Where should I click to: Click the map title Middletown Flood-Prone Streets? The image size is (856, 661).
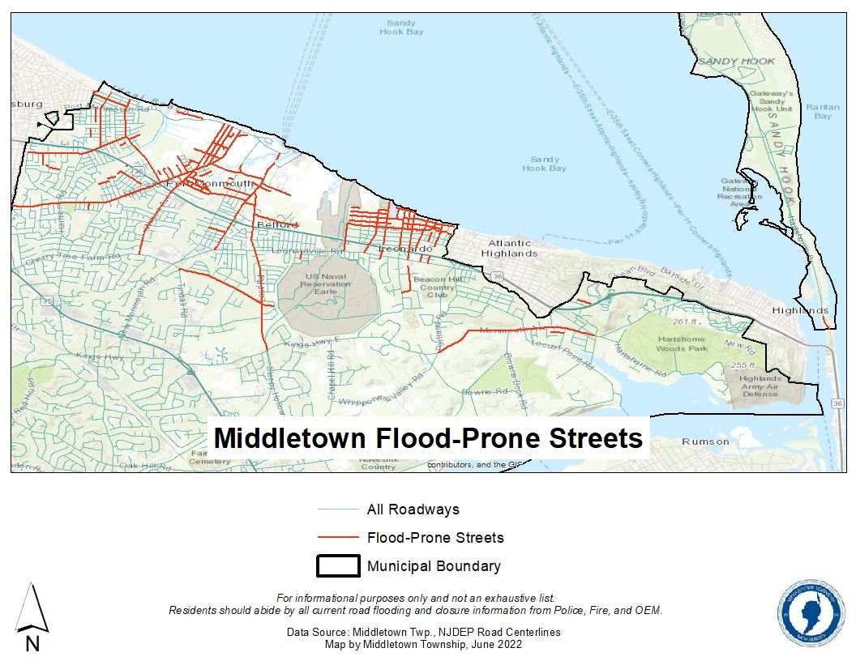[x=428, y=438]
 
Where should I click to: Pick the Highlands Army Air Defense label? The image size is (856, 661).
[x=760, y=386]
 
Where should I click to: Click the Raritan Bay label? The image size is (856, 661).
[x=822, y=111]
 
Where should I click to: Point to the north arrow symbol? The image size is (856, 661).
[x=32, y=616]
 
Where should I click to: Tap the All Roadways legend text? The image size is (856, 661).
[x=413, y=510]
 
